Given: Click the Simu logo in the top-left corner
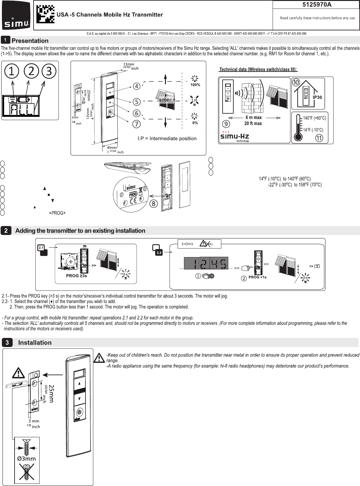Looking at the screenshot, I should (16, 15).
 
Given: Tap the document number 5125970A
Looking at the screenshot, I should (316, 4).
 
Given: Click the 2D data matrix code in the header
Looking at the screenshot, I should (45, 15).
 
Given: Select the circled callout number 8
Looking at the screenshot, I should (153, 204).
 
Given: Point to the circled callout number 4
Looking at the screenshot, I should (136, 86).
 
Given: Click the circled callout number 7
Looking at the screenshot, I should (136, 124).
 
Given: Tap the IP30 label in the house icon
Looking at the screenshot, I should (317, 97).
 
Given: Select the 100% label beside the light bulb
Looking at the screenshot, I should (195, 85).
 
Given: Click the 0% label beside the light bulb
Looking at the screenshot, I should (195, 123).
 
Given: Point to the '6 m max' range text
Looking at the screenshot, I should (253, 117).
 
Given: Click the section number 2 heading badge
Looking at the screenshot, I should (6, 230).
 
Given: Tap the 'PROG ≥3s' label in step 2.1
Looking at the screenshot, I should (76, 276).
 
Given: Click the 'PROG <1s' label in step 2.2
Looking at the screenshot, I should (257, 277).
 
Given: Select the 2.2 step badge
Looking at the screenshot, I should (159, 252).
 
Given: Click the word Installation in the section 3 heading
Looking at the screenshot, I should (35, 343).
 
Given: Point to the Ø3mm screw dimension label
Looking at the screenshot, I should (26, 458).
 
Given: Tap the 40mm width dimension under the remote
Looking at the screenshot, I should (112, 148).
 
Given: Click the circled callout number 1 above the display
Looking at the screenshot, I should (12, 71).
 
